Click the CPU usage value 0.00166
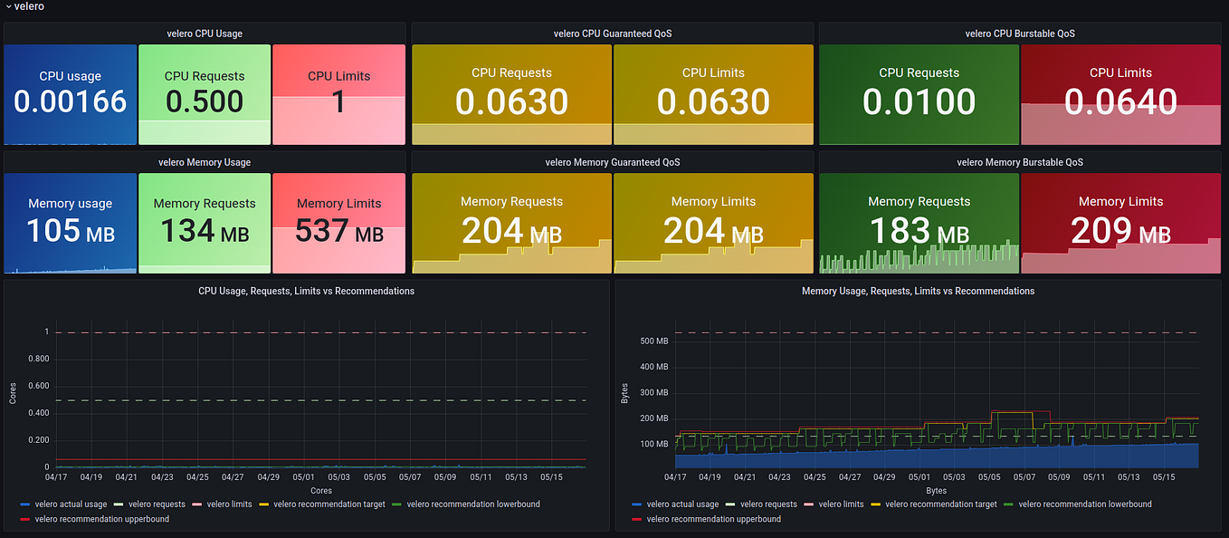pos(70,101)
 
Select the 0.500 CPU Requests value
pos(205,101)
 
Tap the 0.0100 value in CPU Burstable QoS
pos(919,102)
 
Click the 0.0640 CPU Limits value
pos(1120,102)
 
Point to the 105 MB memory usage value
pos(70,232)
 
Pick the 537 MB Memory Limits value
pos(338,232)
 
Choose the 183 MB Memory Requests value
pos(919,232)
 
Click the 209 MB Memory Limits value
pos(1120,232)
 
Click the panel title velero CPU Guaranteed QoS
pos(612,34)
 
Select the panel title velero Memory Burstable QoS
pos(1019,163)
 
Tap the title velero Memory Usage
pos(205,163)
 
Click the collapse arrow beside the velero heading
pos(8,7)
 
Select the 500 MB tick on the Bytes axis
pos(653,341)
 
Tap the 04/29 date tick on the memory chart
pos(884,476)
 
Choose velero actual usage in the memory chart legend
pos(682,504)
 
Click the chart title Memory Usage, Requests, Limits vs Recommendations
pos(918,292)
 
